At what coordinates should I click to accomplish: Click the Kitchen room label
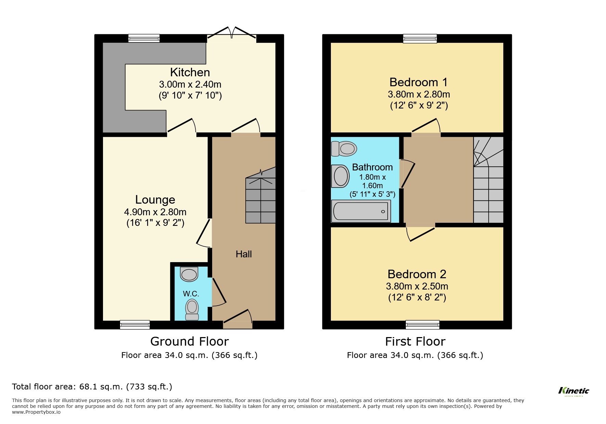tap(190, 72)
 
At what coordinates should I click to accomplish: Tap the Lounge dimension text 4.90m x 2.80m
tap(155, 212)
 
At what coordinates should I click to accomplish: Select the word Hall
tap(244, 254)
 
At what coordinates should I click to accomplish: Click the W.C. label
tap(191, 294)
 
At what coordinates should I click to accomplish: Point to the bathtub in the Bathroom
tap(361, 211)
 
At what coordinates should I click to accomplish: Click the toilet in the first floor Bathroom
tap(344, 149)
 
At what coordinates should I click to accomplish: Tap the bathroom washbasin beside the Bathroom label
tap(340, 176)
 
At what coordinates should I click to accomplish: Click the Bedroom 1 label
tap(418, 82)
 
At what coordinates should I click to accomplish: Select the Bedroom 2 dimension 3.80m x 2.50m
tap(417, 286)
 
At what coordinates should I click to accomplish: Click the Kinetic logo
tap(573, 391)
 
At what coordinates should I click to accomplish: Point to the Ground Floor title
tap(189, 341)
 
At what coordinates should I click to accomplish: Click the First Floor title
tap(415, 341)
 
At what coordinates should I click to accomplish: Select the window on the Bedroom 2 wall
tap(422, 324)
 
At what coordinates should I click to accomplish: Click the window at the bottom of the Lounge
tap(135, 324)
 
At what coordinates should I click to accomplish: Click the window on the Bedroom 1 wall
tap(420, 38)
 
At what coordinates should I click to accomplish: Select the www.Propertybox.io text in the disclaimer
tap(36, 412)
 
